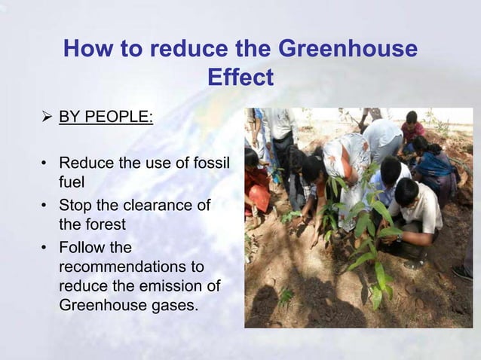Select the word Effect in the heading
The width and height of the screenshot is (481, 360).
coord(239,78)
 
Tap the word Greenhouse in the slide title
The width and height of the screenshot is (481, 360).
coord(348,50)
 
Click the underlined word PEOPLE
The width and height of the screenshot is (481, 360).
coord(120,120)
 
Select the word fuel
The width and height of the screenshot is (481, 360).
coord(72,182)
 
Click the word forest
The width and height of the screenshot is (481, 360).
coord(105,224)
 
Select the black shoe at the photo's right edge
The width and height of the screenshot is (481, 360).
coord(461,271)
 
